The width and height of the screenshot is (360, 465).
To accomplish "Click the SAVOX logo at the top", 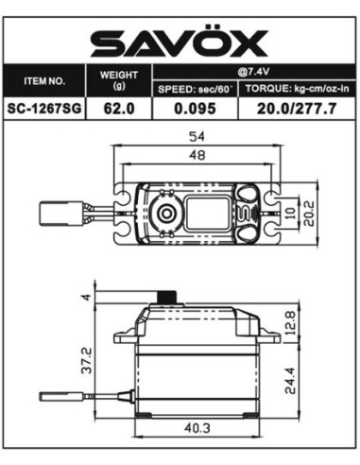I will click(179, 42).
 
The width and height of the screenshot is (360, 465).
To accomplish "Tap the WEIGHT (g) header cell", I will click(118, 80).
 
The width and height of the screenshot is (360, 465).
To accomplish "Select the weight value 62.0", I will click(118, 110).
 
